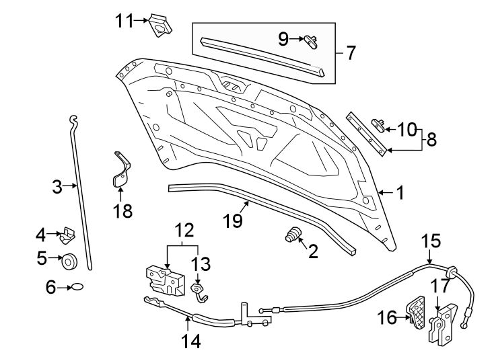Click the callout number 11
click(124, 21)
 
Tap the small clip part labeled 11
click(160, 24)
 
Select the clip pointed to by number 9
click(311, 41)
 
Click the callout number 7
click(351, 52)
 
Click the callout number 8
click(431, 139)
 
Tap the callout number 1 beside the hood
click(400, 194)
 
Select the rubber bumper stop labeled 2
click(293, 236)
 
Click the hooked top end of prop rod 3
click(73, 120)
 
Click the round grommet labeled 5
click(69, 259)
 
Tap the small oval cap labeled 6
click(78, 287)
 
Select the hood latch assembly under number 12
click(166, 280)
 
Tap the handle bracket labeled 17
click(444, 325)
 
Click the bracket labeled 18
click(120, 172)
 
